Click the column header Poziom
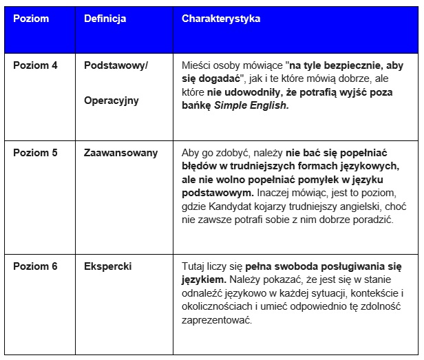(x=31, y=19)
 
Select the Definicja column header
(x=105, y=19)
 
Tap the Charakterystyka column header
(x=220, y=19)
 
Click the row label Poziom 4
(x=35, y=65)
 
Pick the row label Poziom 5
(x=35, y=153)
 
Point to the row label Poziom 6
(x=35, y=266)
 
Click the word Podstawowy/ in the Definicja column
(x=116, y=65)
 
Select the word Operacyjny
(x=111, y=100)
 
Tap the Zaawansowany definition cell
(x=120, y=153)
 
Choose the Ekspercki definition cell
(x=107, y=266)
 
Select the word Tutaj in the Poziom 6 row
(x=195, y=266)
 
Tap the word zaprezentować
(x=217, y=320)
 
